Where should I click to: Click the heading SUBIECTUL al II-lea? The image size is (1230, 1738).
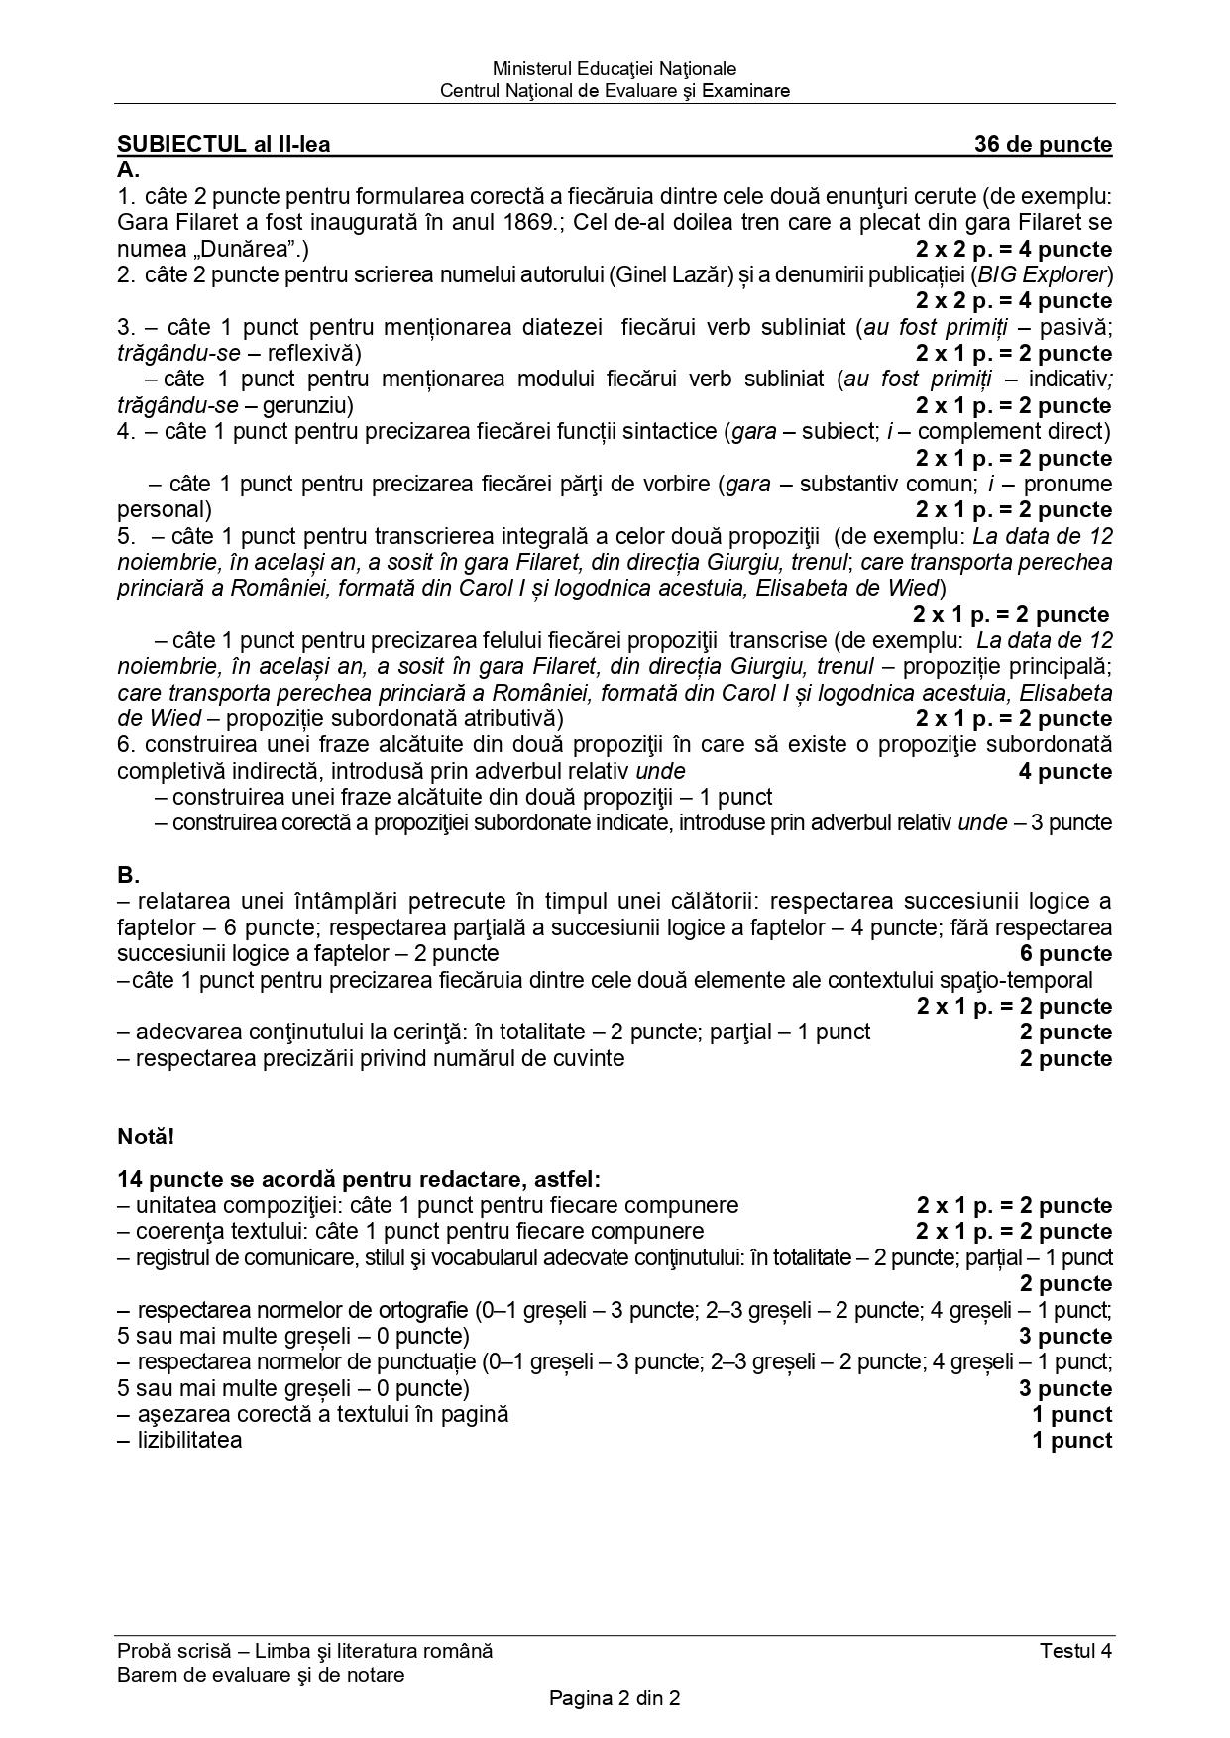(223, 144)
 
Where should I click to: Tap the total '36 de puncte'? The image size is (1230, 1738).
(1043, 144)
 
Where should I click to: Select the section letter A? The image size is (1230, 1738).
(128, 169)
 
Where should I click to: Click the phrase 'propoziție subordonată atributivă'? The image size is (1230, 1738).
(385, 718)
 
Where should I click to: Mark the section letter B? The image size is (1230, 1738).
(128, 875)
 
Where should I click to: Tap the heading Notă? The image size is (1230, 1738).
(146, 1136)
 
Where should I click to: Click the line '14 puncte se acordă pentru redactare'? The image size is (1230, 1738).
(359, 1179)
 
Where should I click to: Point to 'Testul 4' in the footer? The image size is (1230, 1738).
(1075, 1650)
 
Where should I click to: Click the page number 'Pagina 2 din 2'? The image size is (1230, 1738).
(615, 1698)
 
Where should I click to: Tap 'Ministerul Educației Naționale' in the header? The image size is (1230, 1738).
(615, 68)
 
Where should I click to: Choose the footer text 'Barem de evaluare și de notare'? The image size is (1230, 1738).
(261, 1675)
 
